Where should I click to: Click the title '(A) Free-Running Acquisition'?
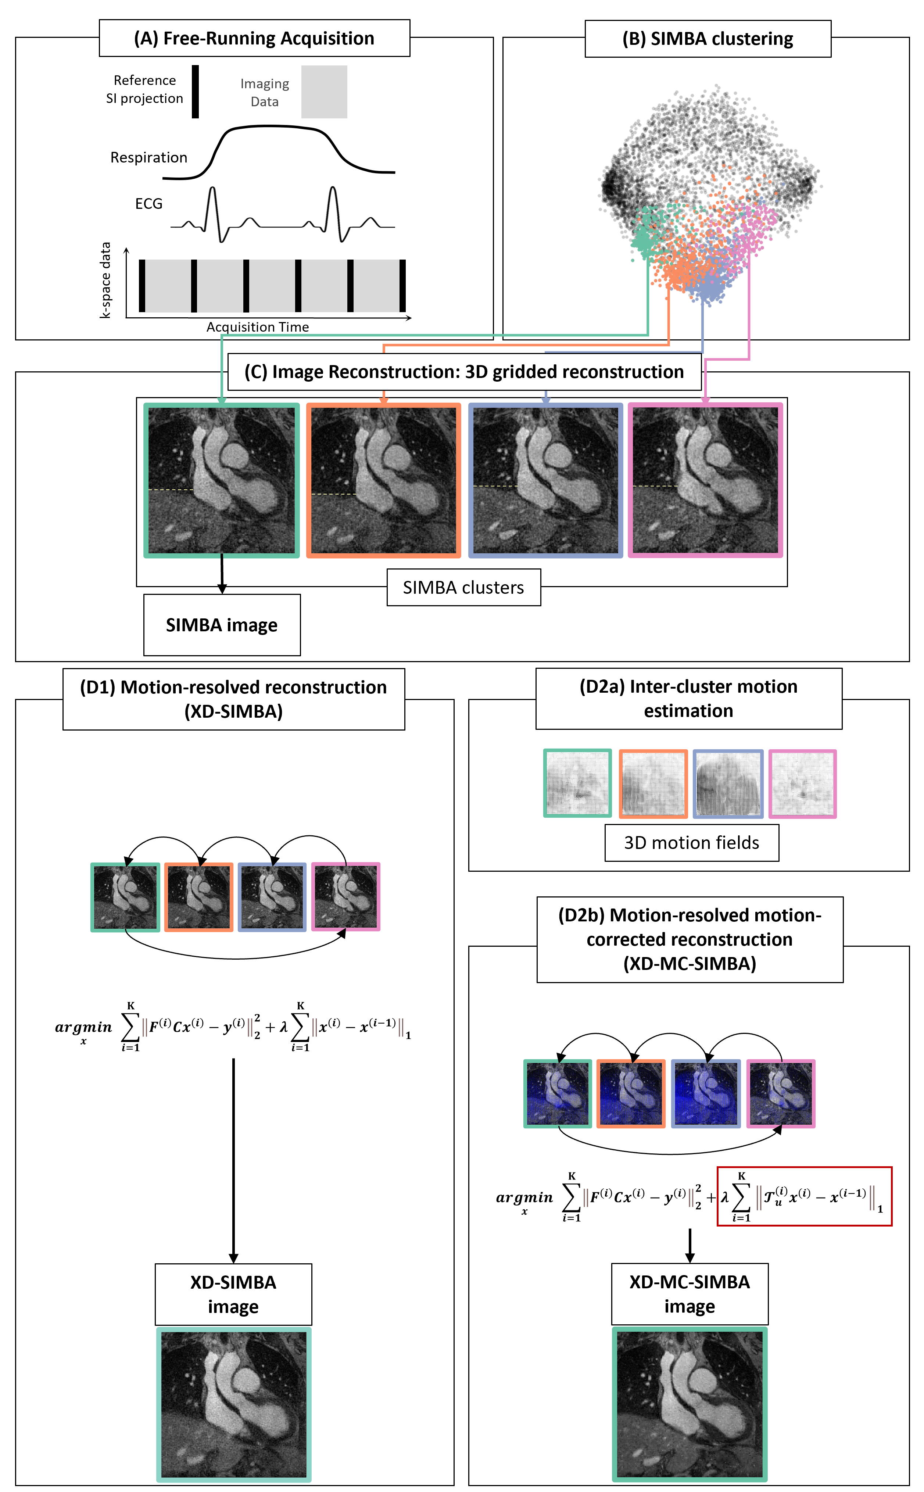[x=254, y=39]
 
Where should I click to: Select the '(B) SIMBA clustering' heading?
[x=708, y=39]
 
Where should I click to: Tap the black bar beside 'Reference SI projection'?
[x=196, y=92]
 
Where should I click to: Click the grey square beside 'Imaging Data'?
[x=324, y=92]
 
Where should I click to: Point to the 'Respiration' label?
[x=148, y=158]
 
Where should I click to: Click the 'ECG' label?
[x=148, y=204]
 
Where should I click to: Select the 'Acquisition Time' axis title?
[x=257, y=327]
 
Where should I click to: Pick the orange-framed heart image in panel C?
[x=383, y=481]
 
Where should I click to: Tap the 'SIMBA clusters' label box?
[x=463, y=588]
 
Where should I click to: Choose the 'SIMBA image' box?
[x=222, y=625]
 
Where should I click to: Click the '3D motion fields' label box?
[x=691, y=843]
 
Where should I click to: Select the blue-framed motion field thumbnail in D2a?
[x=728, y=784]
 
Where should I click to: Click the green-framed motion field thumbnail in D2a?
[x=577, y=784]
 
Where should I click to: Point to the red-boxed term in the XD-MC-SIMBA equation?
[x=804, y=1196]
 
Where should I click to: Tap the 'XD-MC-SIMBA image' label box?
[x=690, y=1293]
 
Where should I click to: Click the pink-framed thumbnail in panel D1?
[x=346, y=897]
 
